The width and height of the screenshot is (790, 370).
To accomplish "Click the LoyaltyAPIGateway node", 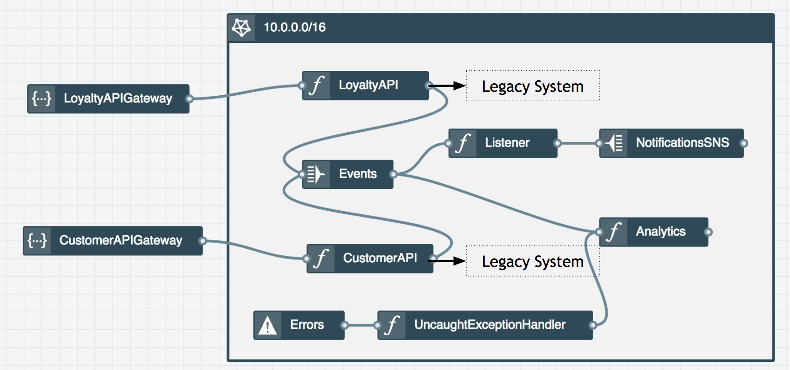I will pos(108,99).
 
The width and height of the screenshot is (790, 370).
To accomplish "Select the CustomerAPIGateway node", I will pos(112,241).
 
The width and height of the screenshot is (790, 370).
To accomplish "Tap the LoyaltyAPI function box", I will pos(365,85).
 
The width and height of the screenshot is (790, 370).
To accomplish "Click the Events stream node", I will pos(348,174).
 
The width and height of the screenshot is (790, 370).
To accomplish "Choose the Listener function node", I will pos(503,143).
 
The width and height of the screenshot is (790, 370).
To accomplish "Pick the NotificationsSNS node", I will pos(671,143).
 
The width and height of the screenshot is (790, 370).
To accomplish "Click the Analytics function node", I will pos(654,232).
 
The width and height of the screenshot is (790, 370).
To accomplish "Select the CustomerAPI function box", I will pos(370,258).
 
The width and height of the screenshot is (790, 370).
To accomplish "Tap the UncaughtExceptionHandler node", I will pos(485,325).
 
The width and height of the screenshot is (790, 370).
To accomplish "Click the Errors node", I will pos(299,325).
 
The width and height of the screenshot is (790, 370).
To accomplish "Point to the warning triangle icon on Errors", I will pos(268,325).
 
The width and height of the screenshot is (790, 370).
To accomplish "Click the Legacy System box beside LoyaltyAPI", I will pos(533,86).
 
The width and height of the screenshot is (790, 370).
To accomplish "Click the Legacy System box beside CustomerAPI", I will pos(533,261).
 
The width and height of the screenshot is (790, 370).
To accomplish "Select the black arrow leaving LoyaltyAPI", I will pos(448,86).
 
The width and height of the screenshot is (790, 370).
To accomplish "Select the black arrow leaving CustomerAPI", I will pos(450,261).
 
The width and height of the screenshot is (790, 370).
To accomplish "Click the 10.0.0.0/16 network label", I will pos(295,27).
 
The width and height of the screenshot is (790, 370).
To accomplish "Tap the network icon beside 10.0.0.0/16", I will pos(241,28).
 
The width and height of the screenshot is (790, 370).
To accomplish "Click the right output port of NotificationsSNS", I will pos(744,143).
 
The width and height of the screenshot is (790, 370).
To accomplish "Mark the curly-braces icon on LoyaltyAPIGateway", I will pos(42,99).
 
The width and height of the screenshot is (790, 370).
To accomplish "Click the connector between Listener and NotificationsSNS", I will pos(578,143).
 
